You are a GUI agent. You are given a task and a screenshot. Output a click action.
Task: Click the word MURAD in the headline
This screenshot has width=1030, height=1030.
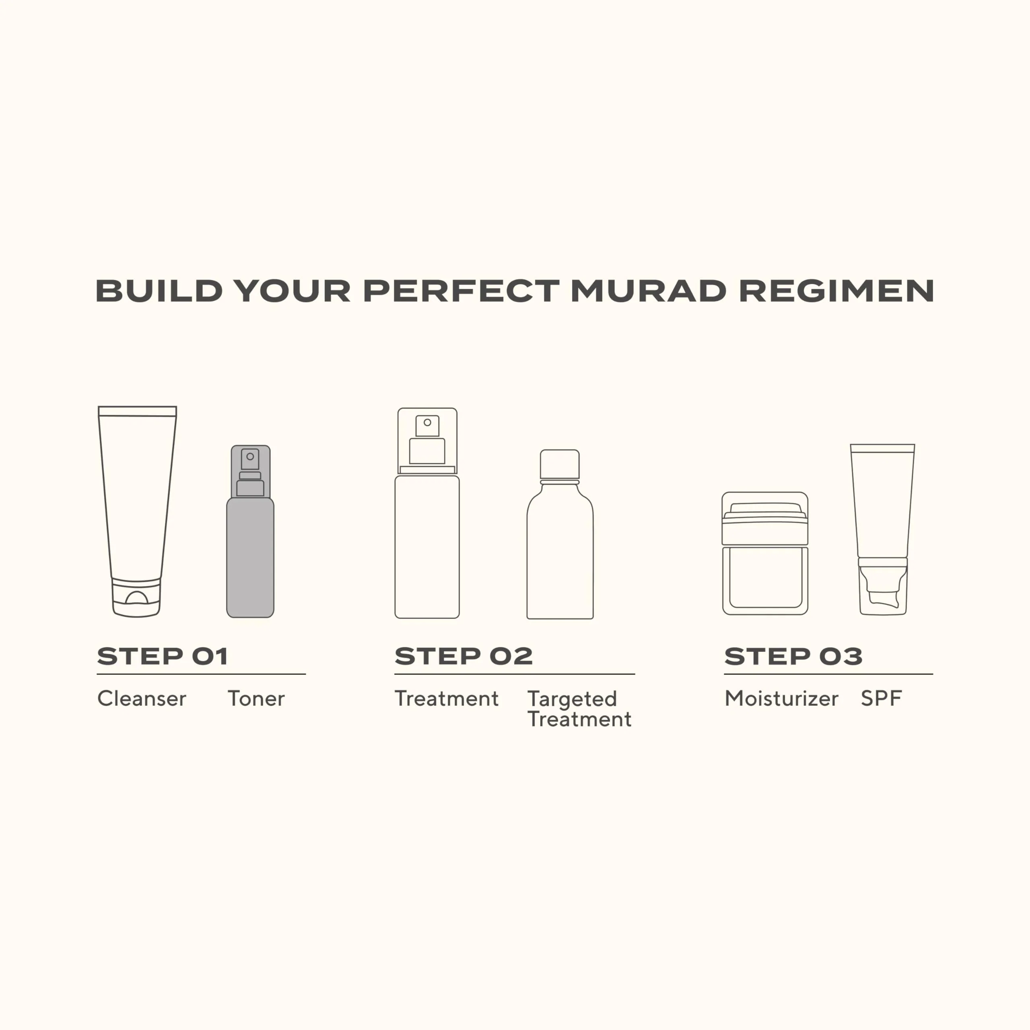click(648, 291)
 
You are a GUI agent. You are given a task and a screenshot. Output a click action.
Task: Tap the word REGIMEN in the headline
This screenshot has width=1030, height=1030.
click(836, 291)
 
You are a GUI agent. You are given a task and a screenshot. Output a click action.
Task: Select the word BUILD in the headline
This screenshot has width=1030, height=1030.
click(159, 291)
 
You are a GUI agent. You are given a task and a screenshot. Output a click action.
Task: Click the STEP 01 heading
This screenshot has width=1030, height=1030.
click(163, 656)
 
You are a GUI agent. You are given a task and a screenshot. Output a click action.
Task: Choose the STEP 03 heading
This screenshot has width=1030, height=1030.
click(793, 656)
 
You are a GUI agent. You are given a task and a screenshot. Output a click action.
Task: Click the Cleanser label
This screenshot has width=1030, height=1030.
click(142, 698)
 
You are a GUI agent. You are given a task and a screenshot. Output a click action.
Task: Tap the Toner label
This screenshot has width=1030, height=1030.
click(256, 698)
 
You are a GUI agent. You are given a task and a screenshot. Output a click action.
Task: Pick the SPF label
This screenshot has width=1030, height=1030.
click(881, 698)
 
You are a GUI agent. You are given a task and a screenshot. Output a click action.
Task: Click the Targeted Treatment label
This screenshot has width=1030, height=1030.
click(579, 709)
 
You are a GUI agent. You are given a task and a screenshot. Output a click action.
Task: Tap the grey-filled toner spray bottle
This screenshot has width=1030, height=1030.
click(250, 531)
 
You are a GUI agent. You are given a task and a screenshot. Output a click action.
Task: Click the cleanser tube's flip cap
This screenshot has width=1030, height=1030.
click(136, 597)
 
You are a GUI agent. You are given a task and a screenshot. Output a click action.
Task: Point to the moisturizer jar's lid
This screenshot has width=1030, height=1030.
click(765, 518)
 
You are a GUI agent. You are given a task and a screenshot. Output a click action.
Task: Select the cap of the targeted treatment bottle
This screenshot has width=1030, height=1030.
click(560, 464)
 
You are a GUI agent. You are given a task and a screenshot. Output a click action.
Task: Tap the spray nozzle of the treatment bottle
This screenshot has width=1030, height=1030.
click(427, 439)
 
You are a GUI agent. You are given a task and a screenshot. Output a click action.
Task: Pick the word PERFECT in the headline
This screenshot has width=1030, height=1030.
click(461, 291)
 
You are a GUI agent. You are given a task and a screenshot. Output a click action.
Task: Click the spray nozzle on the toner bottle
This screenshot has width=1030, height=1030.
click(250, 472)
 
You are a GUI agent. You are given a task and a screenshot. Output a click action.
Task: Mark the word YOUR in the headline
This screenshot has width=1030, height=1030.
click(293, 291)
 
